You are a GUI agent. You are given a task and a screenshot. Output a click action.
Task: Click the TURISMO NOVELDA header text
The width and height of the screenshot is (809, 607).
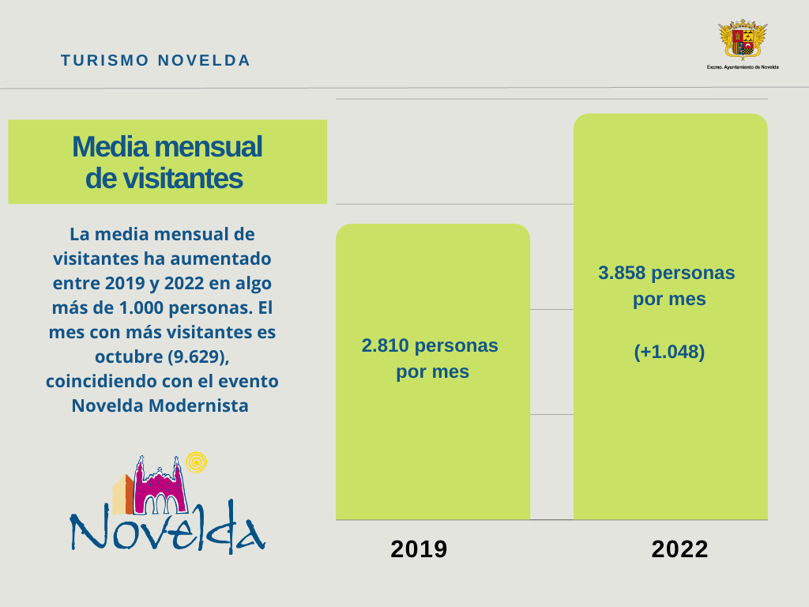click(x=156, y=61)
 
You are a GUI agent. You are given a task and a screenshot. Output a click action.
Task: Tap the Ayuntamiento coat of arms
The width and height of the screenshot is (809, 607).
click(x=743, y=39)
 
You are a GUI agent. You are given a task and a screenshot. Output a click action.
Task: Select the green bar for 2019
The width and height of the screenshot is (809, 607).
click(x=432, y=443)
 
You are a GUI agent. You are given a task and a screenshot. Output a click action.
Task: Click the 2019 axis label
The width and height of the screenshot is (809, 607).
click(x=419, y=549)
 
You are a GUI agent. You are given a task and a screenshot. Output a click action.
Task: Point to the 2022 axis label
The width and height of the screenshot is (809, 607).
click(x=679, y=549)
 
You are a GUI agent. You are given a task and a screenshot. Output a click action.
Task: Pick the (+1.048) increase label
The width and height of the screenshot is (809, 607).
click(x=669, y=352)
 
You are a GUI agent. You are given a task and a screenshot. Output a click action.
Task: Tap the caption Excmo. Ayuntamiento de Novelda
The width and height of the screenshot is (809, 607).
click(x=743, y=67)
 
